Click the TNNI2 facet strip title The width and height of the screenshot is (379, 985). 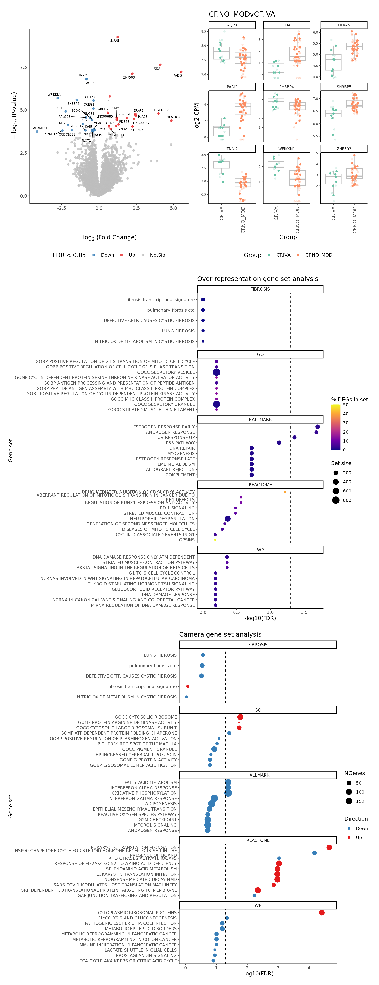pos(232,149)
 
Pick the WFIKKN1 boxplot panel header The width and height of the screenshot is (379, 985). pos(286,149)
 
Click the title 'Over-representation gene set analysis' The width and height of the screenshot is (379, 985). pos(257,279)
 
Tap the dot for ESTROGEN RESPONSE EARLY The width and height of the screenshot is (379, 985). pos(317,427)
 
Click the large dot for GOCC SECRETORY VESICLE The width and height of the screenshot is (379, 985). pos(217,372)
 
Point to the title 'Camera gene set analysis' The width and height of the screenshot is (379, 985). pos(220,634)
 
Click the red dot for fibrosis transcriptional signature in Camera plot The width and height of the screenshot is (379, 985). pos(188,686)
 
